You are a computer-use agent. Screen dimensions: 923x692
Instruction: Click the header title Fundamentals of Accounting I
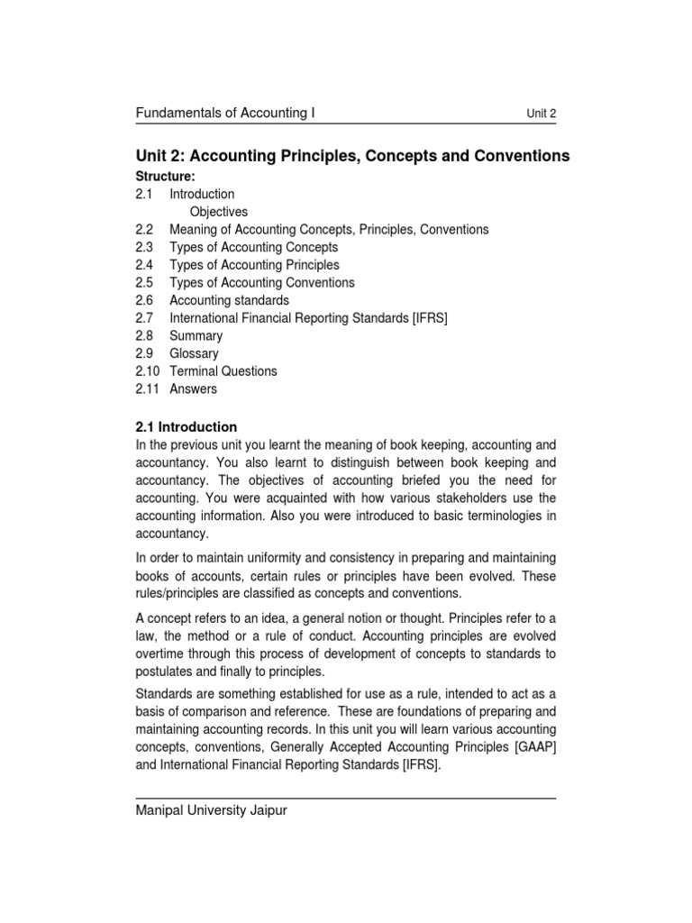(224, 113)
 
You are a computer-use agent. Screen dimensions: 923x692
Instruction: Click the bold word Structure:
(165, 176)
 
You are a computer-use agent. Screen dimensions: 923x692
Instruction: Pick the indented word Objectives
(219, 212)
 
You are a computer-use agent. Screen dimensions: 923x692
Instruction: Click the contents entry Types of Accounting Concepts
(253, 247)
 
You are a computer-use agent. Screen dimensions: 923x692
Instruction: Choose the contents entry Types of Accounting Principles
(254, 265)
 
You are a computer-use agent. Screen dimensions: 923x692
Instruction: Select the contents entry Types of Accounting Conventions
(261, 283)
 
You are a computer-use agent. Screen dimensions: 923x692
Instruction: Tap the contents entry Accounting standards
(229, 300)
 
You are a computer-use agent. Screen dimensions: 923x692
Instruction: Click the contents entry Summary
(196, 336)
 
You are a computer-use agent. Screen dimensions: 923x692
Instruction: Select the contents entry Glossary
(194, 353)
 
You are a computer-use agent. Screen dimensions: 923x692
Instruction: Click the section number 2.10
(148, 371)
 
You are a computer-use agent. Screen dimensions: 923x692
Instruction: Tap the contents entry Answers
(193, 389)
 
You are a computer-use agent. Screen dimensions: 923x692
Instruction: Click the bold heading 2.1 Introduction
(187, 427)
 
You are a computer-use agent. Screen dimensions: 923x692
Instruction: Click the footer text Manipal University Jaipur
(211, 810)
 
